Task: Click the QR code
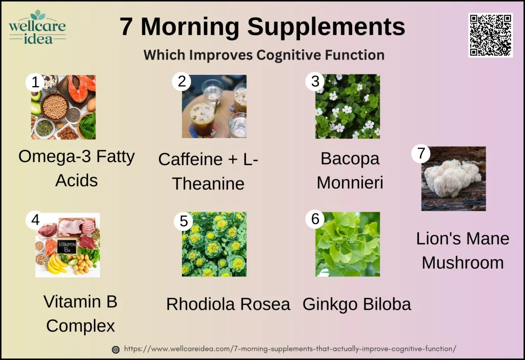(490, 35)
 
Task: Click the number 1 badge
(35, 82)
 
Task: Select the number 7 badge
(420, 154)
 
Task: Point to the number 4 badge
(35, 219)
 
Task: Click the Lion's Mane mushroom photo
(453, 178)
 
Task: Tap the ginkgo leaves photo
(348, 244)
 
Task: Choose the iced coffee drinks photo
(214, 106)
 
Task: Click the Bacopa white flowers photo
(348, 106)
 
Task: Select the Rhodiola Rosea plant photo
(214, 244)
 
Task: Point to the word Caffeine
(192, 159)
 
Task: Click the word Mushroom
(462, 263)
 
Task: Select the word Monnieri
(350, 182)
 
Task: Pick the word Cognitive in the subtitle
(291, 55)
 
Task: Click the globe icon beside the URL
(116, 349)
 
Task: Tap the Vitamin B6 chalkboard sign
(67, 246)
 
